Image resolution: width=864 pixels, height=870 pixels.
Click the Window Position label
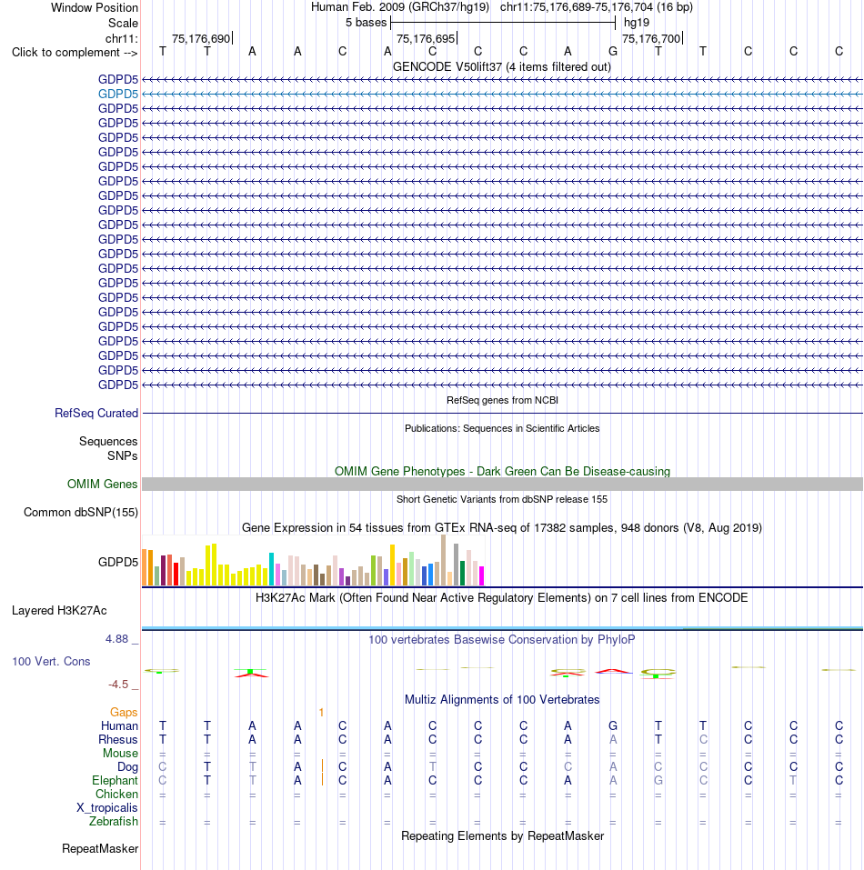click(x=95, y=8)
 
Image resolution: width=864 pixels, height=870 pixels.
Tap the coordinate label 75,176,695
click(x=426, y=39)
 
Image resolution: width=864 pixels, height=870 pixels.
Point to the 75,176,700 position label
click(x=651, y=39)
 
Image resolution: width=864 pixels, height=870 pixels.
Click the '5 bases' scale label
click(x=366, y=23)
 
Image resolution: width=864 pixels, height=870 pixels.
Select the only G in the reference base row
click(x=613, y=52)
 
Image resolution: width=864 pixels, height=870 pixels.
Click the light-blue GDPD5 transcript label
click(x=118, y=95)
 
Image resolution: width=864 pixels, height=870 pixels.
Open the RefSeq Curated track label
click(x=96, y=414)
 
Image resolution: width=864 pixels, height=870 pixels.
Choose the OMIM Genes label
click(x=102, y=485)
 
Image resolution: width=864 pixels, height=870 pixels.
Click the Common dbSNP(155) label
click(x=80, y=513)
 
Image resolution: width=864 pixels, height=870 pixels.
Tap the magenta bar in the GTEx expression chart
click(x=482, y=576)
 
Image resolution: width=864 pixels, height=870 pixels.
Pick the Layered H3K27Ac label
click(x=59, y=611)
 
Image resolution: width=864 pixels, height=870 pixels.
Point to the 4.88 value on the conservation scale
click(x=117, y=639)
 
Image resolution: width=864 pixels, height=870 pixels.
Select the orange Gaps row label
click(x=124, y=713)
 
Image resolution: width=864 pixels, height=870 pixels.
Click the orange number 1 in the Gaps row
click(x=321, y=713)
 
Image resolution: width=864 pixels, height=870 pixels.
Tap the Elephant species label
click(x=115, y=781)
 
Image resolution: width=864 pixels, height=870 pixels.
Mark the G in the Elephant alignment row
click(x=658, y=781)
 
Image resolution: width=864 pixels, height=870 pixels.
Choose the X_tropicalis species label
click(x=107, y=808)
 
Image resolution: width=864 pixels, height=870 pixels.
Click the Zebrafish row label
click(x=113, y=821)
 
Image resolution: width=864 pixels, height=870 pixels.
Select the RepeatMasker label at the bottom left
click(x=100, y=849)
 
